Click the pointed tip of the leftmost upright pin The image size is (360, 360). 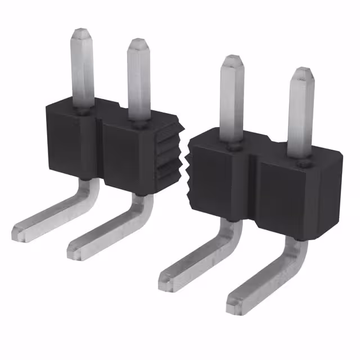83,29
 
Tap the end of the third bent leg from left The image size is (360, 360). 166,280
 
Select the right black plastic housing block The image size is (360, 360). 264,180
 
